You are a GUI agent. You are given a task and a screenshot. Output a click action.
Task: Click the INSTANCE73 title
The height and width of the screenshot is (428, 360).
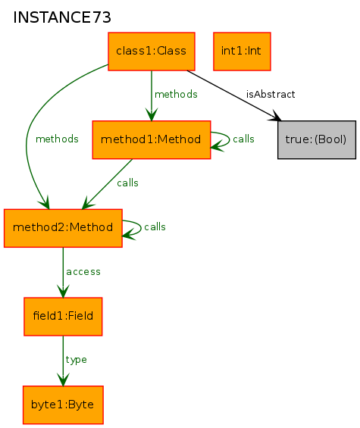(x=62, y=17)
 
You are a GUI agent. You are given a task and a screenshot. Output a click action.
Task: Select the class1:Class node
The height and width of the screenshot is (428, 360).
(x=152, y=52)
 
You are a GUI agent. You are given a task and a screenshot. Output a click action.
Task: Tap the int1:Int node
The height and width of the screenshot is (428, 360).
(x=242, y=52)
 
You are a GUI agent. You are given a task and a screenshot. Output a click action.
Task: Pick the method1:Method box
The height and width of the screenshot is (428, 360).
(x=152, y=139)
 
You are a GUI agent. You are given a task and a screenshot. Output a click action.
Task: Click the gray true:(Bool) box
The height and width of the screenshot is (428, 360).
(x=317, y=139)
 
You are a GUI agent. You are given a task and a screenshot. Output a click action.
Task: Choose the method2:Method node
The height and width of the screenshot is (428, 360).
(x=63, y=228)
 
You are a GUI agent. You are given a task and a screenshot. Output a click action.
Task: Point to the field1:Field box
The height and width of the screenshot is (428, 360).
(x=63, y=317)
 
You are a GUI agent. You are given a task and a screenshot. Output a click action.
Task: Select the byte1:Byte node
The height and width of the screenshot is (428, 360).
(x=63, y=405)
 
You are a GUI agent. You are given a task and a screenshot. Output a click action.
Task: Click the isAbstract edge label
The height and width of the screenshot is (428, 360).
(x=271, y=95)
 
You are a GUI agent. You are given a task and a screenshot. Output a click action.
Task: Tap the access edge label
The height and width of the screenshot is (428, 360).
(x=83, y=272)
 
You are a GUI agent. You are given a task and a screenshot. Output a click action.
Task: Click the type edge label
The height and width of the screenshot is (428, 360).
(x=77, y=360)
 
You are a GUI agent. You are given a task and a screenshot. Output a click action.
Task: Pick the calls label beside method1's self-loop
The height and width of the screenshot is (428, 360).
(x=243, y=139)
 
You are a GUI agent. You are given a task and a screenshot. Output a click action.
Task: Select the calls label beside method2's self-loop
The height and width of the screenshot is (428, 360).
(x=155, y=226)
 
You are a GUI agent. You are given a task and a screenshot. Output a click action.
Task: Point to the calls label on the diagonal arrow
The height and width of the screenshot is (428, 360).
(x=127, y=183)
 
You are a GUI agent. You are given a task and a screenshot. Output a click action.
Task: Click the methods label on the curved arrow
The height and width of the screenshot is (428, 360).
(x=57, y=139)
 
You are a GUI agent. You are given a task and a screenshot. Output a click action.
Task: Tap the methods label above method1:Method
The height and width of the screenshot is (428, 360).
(x=176, y=95)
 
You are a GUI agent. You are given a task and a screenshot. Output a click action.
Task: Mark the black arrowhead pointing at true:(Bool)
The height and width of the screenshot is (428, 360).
(x=276, y=116)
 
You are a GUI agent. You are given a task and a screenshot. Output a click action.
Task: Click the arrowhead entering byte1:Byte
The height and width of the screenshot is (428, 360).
(x=63, y=380)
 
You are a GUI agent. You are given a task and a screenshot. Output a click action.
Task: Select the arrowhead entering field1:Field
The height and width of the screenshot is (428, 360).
(x=63, y=291)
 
